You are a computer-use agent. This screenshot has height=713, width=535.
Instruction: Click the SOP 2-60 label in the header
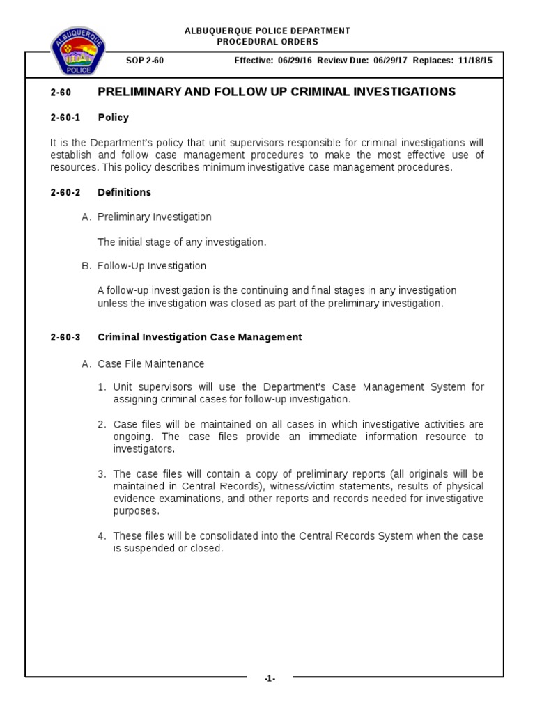[x=144, y=61]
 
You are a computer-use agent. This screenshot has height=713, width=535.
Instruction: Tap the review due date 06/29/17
[x=391, y=61]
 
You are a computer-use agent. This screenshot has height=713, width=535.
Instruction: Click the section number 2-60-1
[x=65, y=118]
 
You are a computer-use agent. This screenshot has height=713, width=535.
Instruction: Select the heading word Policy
[x=114, y=118]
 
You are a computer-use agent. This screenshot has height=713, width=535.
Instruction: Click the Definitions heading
[x=124, y=192]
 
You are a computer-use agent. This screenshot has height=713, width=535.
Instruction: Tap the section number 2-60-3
[x=65, y=337]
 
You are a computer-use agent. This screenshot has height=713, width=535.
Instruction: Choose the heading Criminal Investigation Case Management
[x=200, y=337]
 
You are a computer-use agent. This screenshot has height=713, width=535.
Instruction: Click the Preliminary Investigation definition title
[x=154, y=217]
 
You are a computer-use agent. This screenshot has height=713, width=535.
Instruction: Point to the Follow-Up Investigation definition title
[x=151, y=266]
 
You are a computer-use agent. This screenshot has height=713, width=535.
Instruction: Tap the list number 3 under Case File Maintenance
[x=102, y=473]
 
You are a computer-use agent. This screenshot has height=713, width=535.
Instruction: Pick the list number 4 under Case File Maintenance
[x=102, y=535]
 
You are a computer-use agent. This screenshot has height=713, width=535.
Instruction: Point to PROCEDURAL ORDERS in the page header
[x=267, y=40]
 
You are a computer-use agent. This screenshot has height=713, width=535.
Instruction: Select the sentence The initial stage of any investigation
[x=182, y=242]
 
